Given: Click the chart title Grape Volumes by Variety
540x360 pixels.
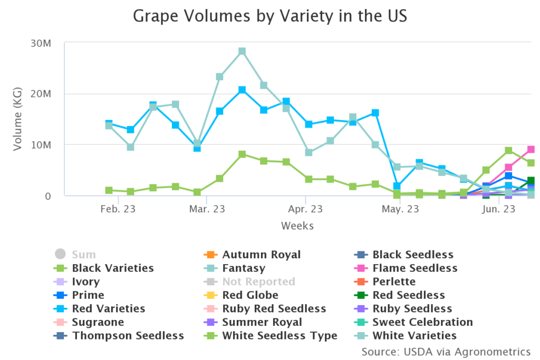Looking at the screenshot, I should (x=269, y=16).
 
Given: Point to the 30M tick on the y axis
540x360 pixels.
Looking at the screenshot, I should (x=40, y=43).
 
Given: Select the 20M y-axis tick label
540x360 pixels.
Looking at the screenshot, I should (x=40, y=94).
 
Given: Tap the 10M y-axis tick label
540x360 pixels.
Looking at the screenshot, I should (x=40, y=145).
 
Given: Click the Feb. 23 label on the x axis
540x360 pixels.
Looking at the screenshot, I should (x=118, y=209).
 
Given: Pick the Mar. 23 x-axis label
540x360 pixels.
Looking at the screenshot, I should (x=207, y=209).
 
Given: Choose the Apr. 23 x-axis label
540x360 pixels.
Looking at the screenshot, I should (x=305, y=209).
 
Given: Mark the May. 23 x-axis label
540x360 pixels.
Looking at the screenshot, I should (x=400, y=209).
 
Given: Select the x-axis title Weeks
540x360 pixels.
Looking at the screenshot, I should (x=297, y=226).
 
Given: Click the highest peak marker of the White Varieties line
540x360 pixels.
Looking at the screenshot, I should (x=242, y=52).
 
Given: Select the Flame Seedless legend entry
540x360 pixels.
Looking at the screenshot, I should (x=414, y=268).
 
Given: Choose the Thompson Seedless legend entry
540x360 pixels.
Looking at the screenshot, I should (x=128, y=336).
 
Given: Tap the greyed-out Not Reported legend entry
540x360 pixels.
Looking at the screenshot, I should (x=258, y=282).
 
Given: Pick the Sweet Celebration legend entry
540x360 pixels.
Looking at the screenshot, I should (x=422, y=322).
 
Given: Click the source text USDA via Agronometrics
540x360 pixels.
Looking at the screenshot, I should (x=446, y=351).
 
